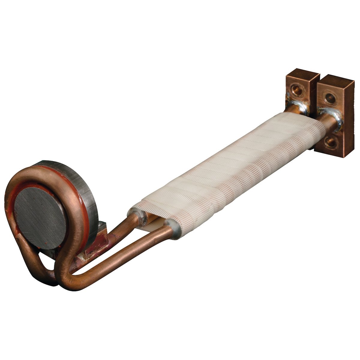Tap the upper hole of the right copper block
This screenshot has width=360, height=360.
[330, 97]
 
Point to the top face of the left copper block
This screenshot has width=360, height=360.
[303, 74]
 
